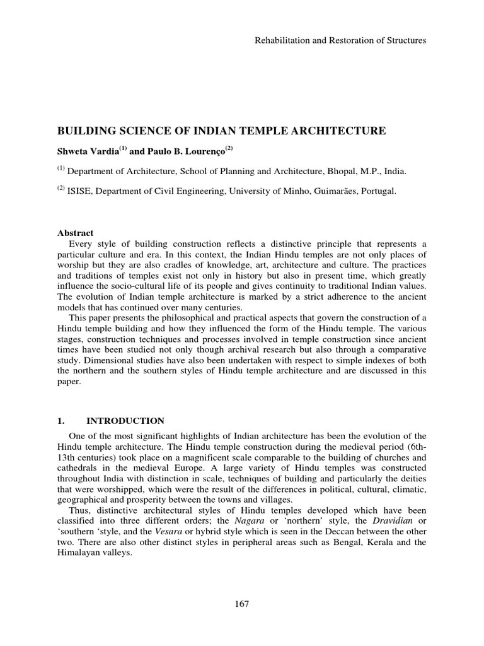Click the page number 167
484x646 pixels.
coord(242,604)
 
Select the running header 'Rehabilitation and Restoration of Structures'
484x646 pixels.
coord(340,40)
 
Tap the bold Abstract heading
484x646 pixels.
coord(76,233)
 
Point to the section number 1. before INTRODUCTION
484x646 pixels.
coord(62,421)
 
